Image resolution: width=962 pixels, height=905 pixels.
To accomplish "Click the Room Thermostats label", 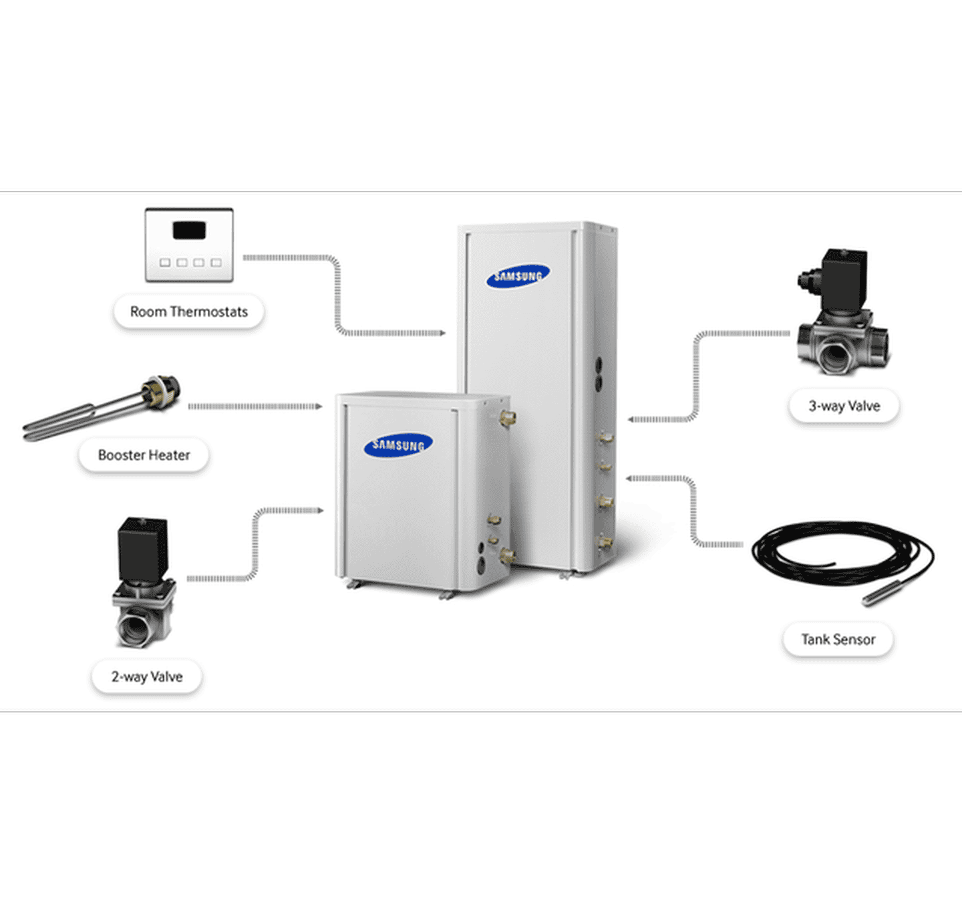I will point(189,311).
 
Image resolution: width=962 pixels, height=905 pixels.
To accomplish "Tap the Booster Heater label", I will point(144,455).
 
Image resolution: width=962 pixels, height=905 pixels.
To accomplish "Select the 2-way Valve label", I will point(147,676).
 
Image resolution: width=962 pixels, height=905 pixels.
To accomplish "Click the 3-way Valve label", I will point(844,406).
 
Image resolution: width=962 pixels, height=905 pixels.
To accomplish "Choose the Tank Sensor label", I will point(838,640).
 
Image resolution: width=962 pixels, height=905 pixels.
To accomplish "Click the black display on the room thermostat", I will point(189,231).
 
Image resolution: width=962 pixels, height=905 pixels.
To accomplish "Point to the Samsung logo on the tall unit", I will point(518,276).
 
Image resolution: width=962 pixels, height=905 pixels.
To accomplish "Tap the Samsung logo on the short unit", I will point(398,445).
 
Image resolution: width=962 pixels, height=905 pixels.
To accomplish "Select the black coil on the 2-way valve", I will point(142,549).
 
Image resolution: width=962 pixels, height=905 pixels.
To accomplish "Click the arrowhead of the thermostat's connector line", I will point(442,333).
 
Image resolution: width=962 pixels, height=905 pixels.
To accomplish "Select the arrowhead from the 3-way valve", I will point(631,420).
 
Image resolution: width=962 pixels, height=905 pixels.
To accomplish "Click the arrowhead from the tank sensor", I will point(630,478).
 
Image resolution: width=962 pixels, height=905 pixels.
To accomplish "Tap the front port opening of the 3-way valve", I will point(834,355).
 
